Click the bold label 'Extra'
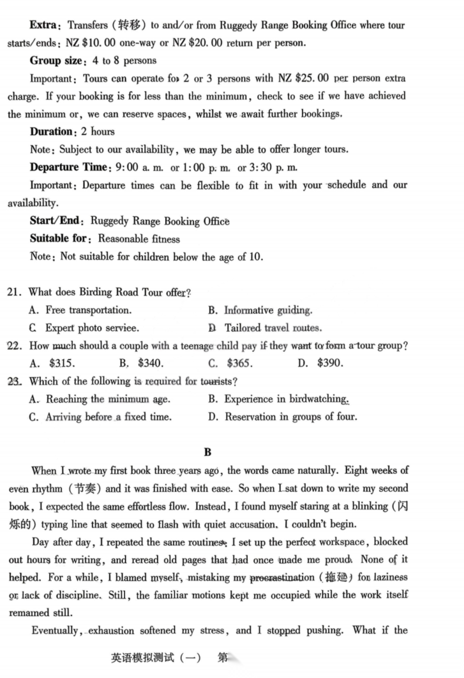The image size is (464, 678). pos(43,26)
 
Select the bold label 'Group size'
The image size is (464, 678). pos(56,61)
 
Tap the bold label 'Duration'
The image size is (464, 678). pos(52,131)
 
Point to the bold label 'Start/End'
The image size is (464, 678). pos(56,221)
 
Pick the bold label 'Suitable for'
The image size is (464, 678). pos(60,239)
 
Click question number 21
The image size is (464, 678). pos(15,293)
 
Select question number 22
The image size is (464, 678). pos(15,346)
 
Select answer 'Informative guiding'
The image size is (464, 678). pos(267,311)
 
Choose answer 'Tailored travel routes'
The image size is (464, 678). pos(273,328)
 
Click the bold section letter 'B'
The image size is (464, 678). pos(207,453)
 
